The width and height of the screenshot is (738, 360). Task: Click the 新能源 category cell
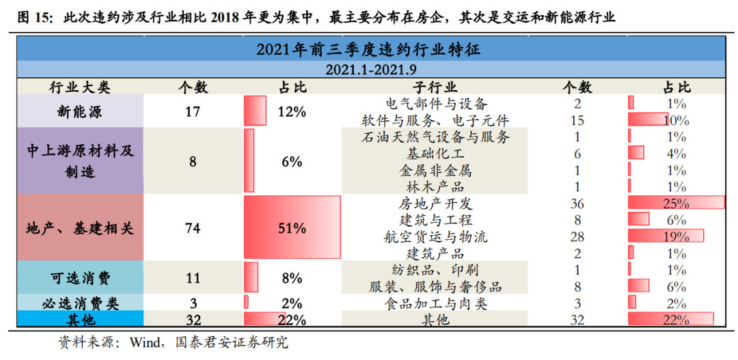coord(79,111)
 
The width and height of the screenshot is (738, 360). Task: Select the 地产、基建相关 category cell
coord(79,228)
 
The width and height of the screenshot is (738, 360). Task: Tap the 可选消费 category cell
coord(79,278)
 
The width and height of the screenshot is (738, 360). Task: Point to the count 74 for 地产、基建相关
coord(193,228)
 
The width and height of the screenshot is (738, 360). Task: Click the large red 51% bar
coord(292,228)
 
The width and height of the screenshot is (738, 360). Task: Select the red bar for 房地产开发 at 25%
coord(676,203)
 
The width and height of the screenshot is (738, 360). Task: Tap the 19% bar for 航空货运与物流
coord(666,236)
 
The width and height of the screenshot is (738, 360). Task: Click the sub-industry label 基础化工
coord(435,153)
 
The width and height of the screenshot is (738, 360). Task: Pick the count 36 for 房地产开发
coord(577,204)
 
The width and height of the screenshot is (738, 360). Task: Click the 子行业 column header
coord(435,87)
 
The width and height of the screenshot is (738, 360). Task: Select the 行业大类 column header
coord(79,87)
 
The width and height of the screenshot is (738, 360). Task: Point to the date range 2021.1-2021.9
coord(370,69)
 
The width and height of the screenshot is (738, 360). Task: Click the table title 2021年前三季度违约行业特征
coord(370,50)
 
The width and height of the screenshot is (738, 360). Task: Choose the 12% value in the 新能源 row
coord(292,111)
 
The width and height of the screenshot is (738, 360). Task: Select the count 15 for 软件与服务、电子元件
coord(577,120)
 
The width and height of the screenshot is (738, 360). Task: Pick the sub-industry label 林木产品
coord(435,186)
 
